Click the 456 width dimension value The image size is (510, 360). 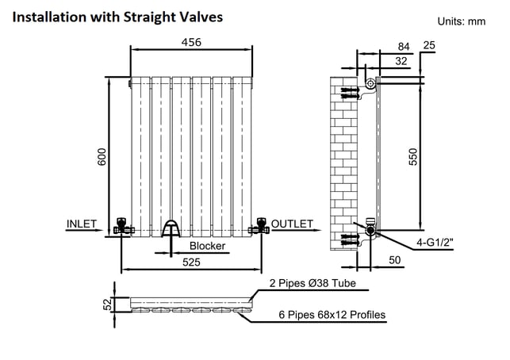(191, 42)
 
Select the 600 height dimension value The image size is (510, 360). (102, 157)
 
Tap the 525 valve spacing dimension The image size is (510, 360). (191, 262)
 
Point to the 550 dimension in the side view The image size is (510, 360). (412, 157)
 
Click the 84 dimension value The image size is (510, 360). (404, 47)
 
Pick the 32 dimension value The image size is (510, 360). (401, 61)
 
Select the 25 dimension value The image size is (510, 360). (429, 45)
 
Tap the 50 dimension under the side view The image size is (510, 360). (394, 260)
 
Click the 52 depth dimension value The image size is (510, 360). (107, 304)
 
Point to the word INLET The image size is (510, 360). (82, 224)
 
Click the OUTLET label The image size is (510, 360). (292, 224)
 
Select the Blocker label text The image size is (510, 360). (207, 246)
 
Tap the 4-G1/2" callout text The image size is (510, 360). (435, 243)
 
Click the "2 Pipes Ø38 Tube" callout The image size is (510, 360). (313, 283)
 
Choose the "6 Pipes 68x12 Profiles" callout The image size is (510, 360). (332, 315)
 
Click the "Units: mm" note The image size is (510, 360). (461, 21)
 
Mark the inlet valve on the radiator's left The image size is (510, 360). (124, 226)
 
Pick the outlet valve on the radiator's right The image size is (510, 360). (259, 226)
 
